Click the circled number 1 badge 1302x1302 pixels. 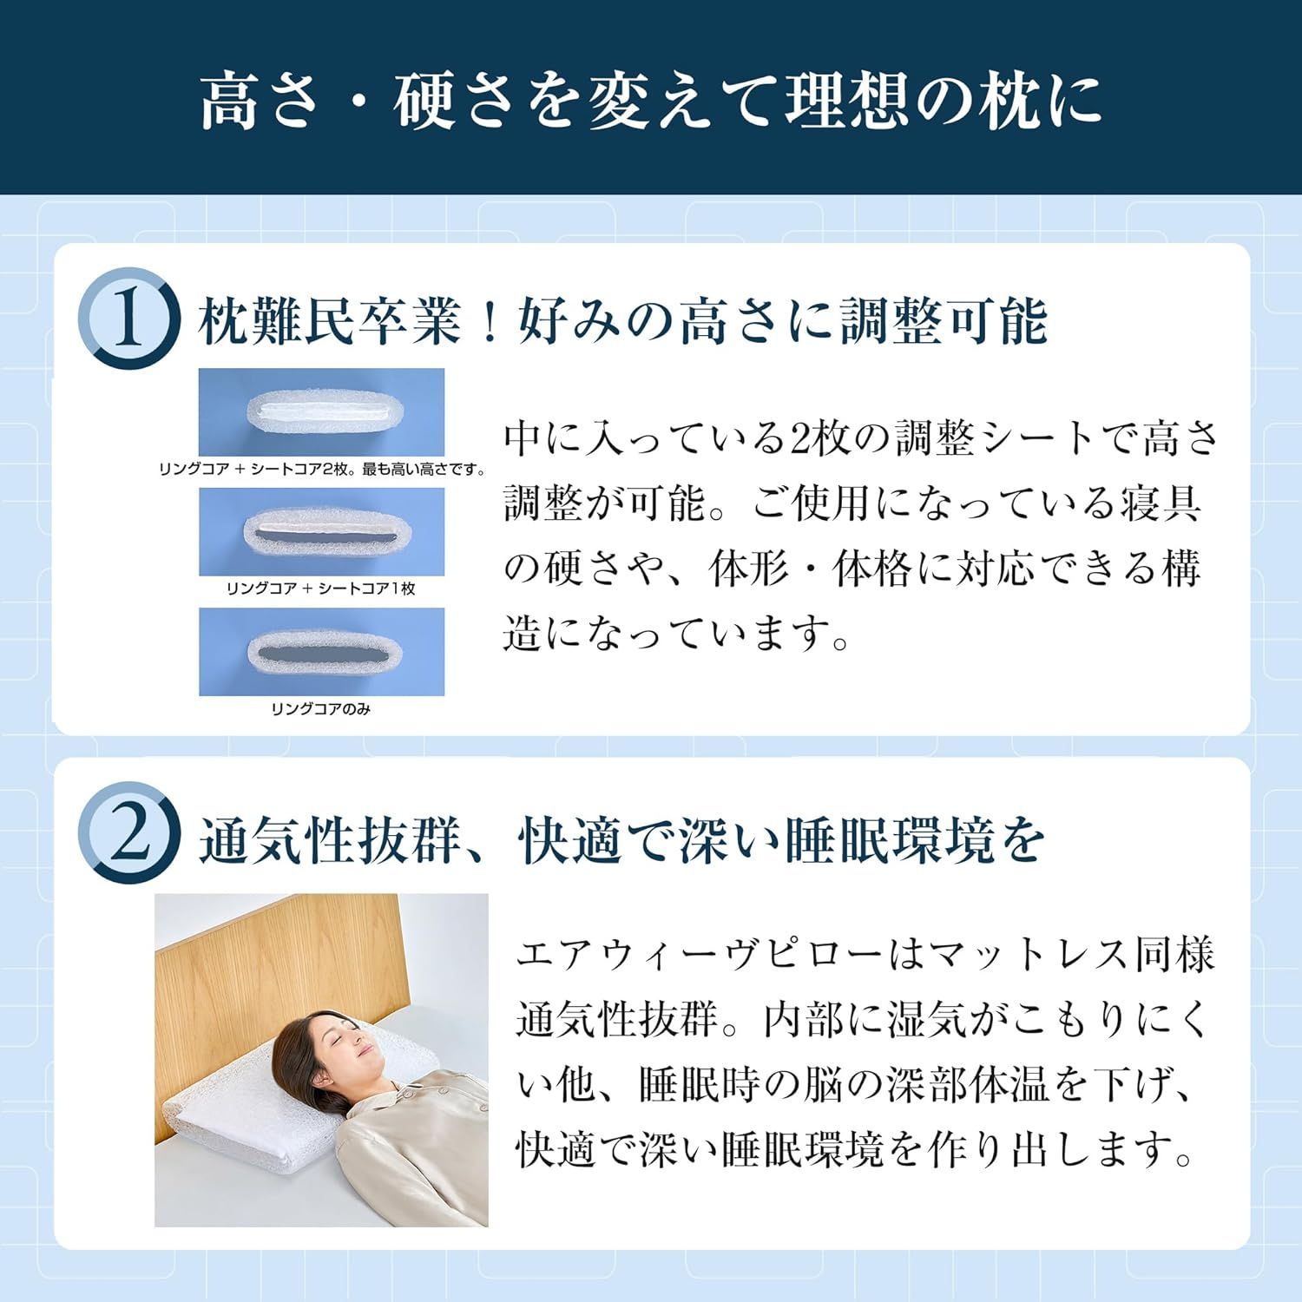tap(128, 319)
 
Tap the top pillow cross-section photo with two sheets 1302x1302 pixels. tap(321, 411)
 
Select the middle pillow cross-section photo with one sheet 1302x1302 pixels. tap(321, 531)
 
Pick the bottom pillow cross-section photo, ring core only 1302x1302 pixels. tap(321, 651)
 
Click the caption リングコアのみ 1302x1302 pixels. tap(321, 709)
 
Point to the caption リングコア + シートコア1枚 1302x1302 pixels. tap(321, 589)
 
